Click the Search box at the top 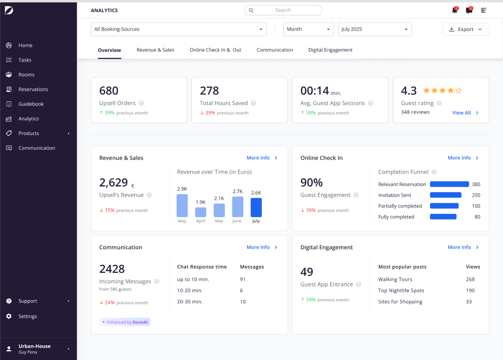pos(283,11)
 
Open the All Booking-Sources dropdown pos(179,29)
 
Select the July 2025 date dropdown pos(375,29)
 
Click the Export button pos(466,29)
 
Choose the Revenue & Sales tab pos(155,50)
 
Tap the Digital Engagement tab pos(331,50)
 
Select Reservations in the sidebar pos(33,89)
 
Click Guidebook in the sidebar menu pos(31,104)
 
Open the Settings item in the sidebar pos(27,316)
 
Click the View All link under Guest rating pos(465,112)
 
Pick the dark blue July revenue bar pos(256,208)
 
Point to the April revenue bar pos(200,212)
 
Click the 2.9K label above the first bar pos(182,189)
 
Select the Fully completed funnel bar pos(443,217)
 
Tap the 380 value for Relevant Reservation pos(476,184)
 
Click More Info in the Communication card pos(262,247)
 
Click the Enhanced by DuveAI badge pos(125,322)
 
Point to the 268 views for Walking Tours pos(470,280)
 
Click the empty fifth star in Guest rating pos(459,90)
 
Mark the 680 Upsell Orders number pos(109,91)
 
